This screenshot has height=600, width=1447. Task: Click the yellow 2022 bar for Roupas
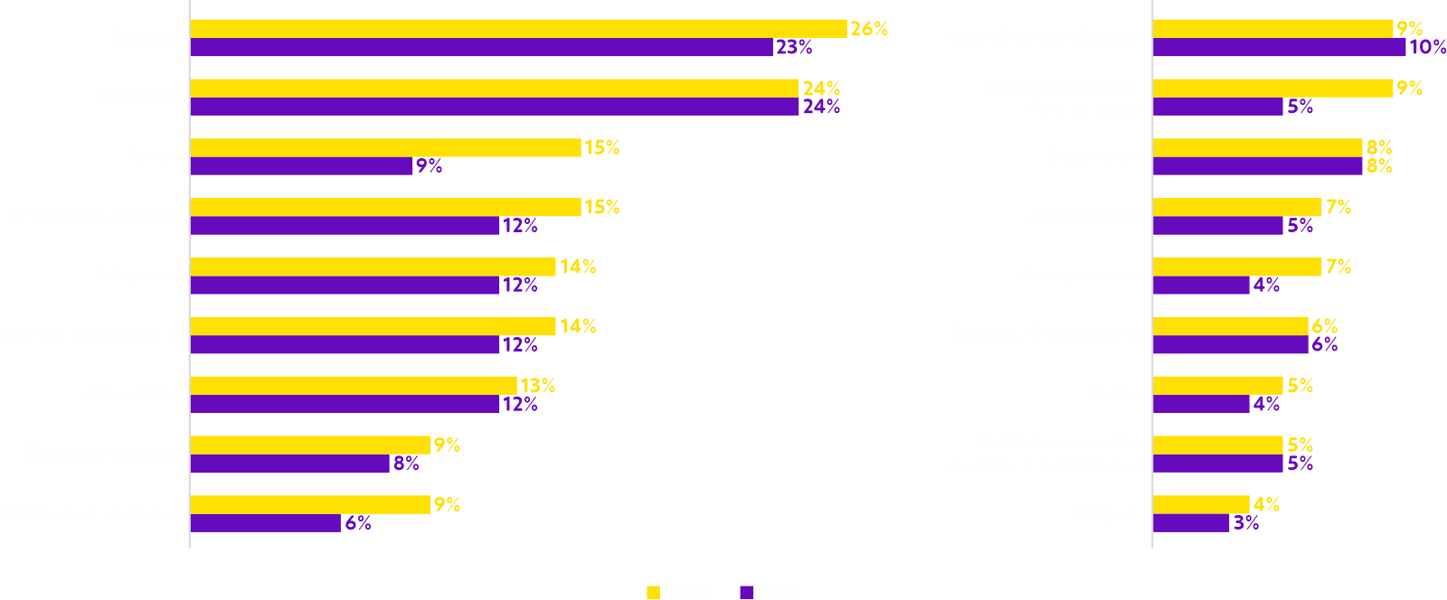[x=518, y=28]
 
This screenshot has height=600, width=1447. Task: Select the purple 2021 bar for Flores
[x=301, y=166]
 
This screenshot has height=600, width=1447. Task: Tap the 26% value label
[x=869, y=29]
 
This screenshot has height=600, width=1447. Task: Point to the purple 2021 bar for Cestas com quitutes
[x=265, y=523]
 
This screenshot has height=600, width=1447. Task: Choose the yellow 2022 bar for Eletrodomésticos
[x=310, y=445]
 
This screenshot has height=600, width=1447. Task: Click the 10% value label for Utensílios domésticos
[x=1428, y=47]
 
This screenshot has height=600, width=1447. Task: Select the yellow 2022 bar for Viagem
[x=1201, y=504]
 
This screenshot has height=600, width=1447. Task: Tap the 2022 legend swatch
[x=653, y=593]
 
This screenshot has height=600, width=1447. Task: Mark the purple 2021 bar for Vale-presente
[x=1201, y=286]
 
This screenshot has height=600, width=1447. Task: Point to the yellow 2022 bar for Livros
[x=1218, y=386]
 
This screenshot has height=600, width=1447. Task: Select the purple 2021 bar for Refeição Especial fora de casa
[x=1218, y=107]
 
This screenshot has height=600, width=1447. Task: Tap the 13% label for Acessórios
[x=538, y=386]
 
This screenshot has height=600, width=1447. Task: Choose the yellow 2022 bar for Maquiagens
[x=1237, y=207]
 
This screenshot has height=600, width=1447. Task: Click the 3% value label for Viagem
[x=1245, y=523]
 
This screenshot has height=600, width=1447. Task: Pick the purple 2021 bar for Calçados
[x=345, y=286]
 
